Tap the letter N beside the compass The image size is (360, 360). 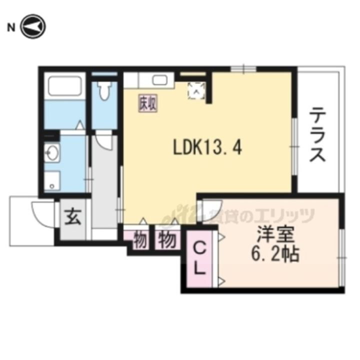pyautogui.click(x=10, y=27)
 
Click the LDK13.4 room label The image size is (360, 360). pyautogui.click(x=207, y=147)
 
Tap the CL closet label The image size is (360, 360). pyautogui.click(x=200, y=258)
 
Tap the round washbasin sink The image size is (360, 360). pyautogui.click(x=51, y=151)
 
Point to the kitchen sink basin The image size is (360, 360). pyautogui.click(x=160, y=80)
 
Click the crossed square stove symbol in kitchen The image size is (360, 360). pyautogui.click(x=196, y=90)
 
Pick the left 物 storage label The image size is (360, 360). pyautogui.click(x=140, y=240)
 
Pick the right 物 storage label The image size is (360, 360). pyautogui.click(x=168, y=240)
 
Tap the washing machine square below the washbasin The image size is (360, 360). pyautogui.click(x=51, y=180)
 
